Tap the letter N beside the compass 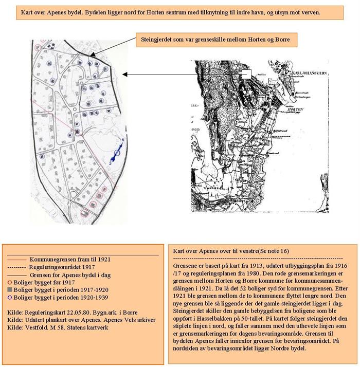pyautogui.click(x=123, y=139)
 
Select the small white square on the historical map pyautogui.click(x=246, y=75)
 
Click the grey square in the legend pyautogui.click(x=10, y=289)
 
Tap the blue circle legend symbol pyautogui.click(x=10, y=297)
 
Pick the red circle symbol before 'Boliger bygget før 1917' pyautogui.click(x=10, y=282)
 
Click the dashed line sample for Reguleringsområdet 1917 pyautogui.click(x=17, y=267)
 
